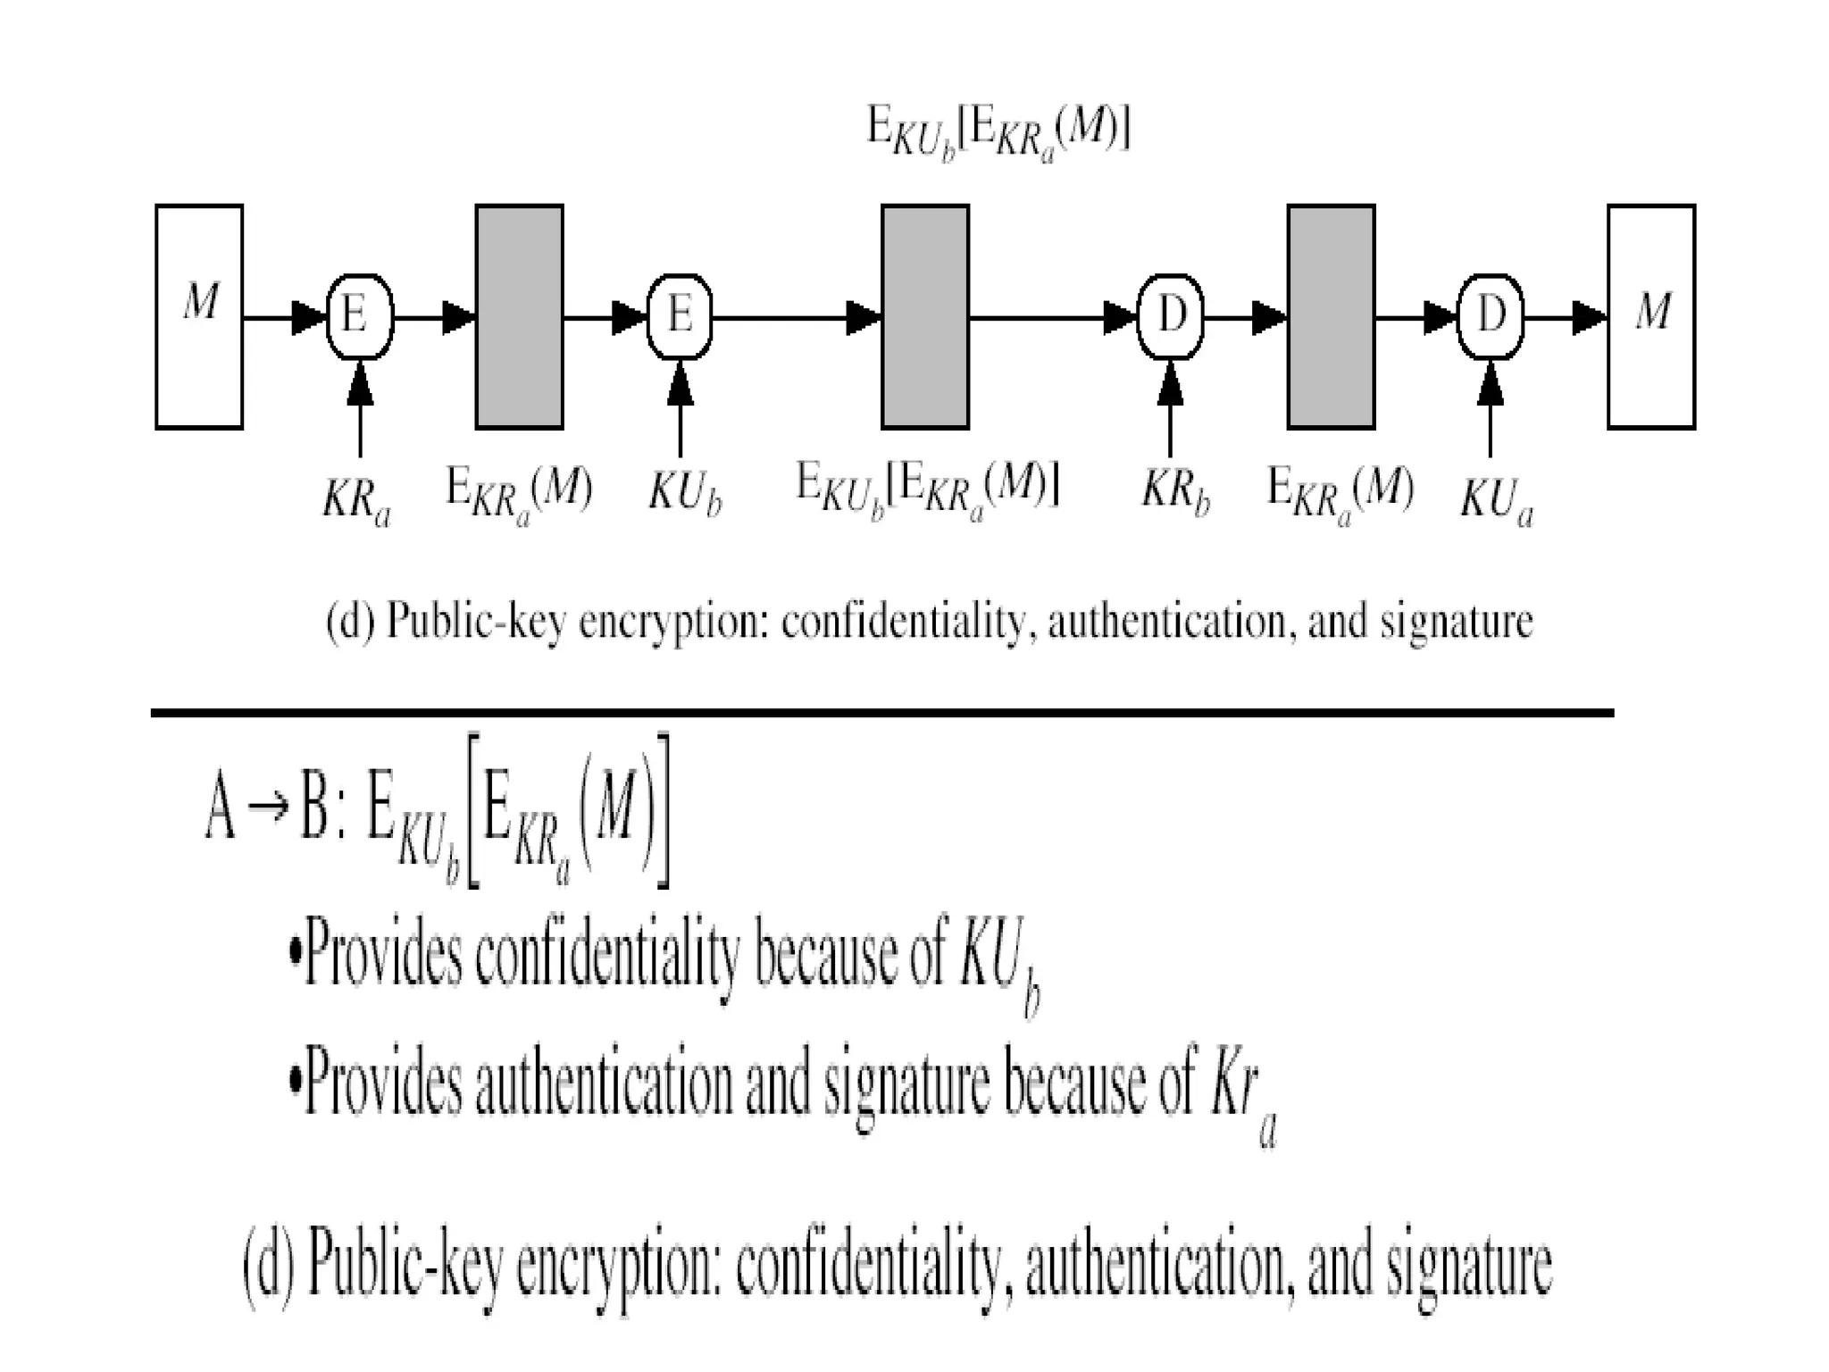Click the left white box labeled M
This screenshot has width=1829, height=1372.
tap(199, 316)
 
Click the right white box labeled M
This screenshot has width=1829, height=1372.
tap(1651, 316)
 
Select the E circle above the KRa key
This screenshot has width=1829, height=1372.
tap(359, 316)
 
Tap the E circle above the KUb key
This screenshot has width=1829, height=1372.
tap(679, 316)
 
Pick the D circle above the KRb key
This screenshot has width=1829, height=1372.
tap(1170, 316)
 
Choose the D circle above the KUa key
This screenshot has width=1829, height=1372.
tap(1490, 316)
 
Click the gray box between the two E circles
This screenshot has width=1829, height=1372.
tap(519, 316)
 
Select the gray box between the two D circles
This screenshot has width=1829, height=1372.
tap(1331, 316)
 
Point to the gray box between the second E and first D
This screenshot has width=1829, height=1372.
tap(925, 316)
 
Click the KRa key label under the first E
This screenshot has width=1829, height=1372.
tap(356, 501)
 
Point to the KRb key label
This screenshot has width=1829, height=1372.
tap(1175, 494)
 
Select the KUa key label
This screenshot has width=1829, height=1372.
tap(1497, 499)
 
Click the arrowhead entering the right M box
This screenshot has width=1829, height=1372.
tap(1590, 316)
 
